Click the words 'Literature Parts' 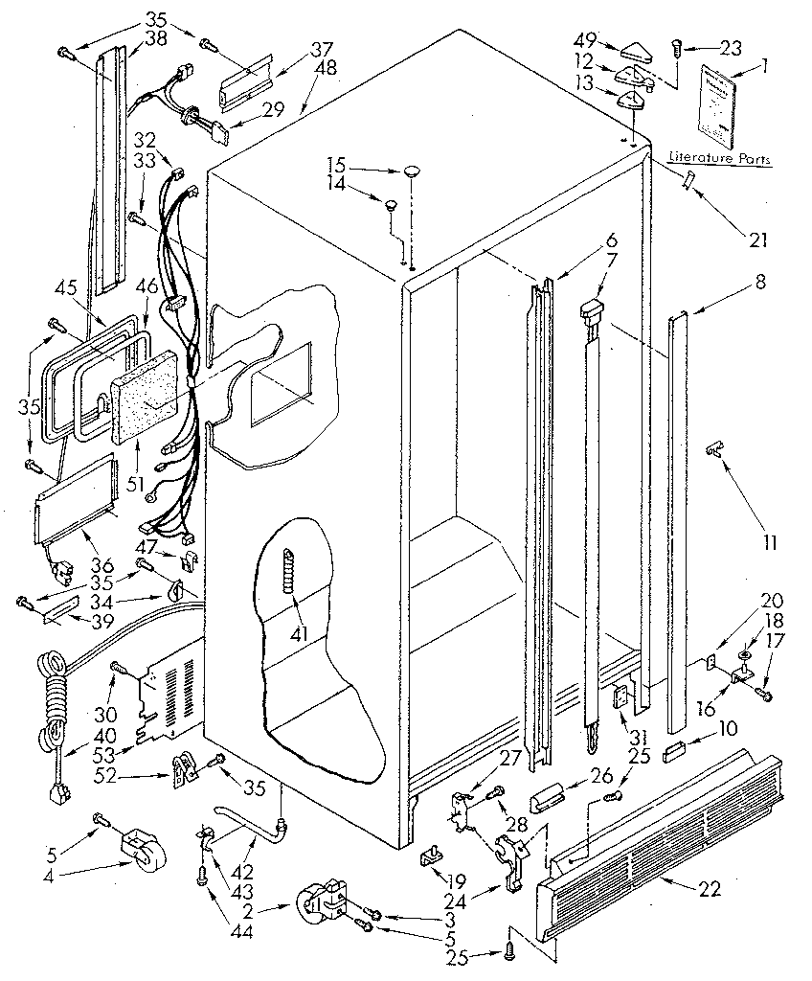[720, 158]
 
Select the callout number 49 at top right [586, 40]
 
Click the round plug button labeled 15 [413, 171]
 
